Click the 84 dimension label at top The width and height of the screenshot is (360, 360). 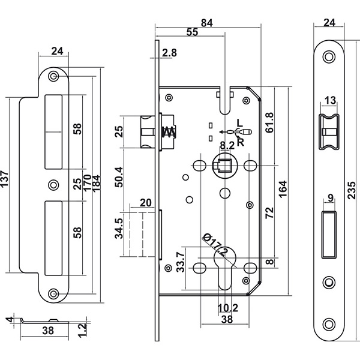point(207,23)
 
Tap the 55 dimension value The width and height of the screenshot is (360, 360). point(192,32)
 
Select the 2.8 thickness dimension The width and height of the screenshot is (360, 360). point(169,53)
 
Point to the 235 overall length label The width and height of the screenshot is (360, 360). point(352,190)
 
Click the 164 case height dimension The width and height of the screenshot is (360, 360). point(283,189)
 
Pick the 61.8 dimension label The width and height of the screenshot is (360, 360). point(269,122)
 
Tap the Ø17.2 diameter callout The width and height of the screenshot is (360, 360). point(215,245)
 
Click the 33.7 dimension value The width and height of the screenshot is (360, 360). point(181,262)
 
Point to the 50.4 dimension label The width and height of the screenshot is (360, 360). point(119,177)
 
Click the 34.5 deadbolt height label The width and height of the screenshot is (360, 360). point(119,229)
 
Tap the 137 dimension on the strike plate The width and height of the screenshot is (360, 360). point(4,179)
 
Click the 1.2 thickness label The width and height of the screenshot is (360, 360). point(82,330)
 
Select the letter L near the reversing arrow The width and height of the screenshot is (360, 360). point(239,123)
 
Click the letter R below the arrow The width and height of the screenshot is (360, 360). point(241,142)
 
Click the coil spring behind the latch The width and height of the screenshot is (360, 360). point(169,132)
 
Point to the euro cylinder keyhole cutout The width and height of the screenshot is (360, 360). point(225,268)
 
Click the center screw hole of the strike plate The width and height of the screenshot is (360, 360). point(53,185)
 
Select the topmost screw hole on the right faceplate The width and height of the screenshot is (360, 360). point(329,57)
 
